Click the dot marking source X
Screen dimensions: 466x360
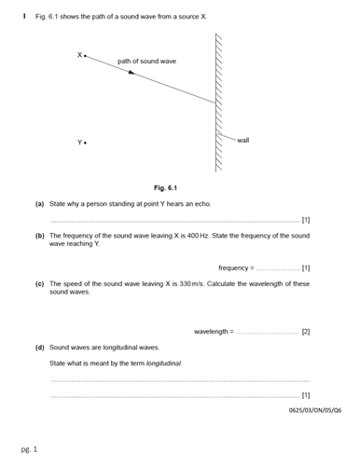pos(86,56)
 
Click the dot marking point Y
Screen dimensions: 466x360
pos(86,143)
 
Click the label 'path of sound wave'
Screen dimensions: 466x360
pos(146,62)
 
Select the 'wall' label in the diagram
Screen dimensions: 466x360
pos(243,140)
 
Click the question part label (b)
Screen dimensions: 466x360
pos(39,237)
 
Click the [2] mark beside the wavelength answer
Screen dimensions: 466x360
pos(306,331)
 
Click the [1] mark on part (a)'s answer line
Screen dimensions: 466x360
pos(306,221)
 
